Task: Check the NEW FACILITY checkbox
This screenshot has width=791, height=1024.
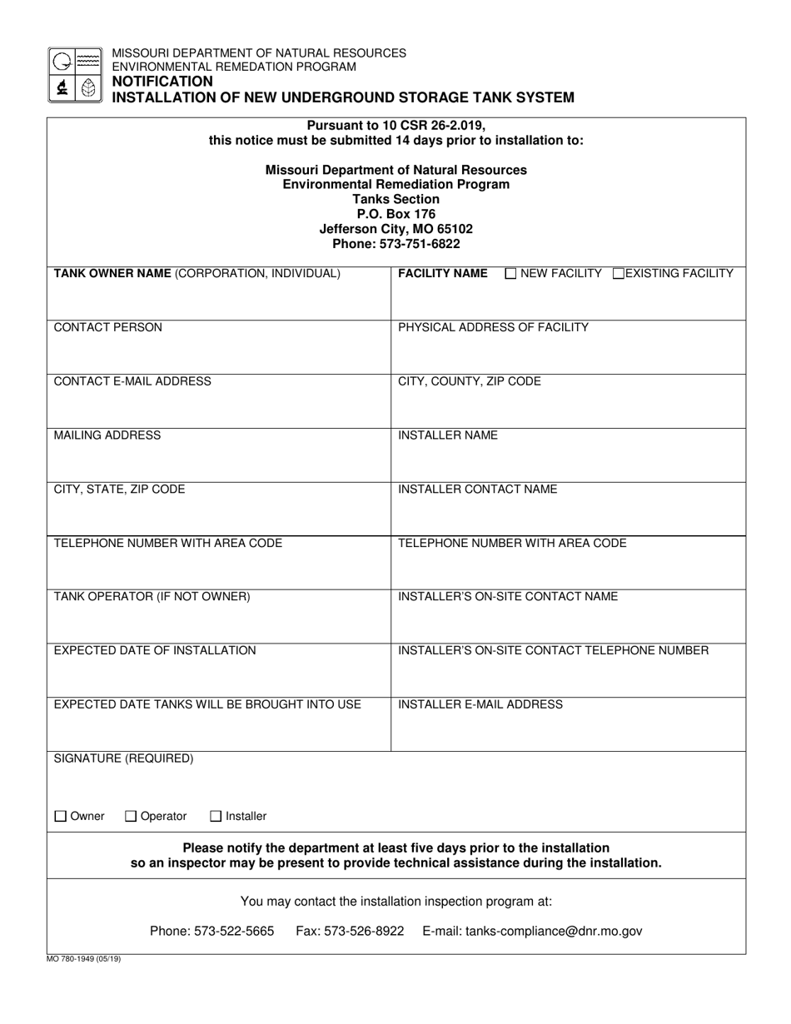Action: pyautogui.click(x=511, y=273)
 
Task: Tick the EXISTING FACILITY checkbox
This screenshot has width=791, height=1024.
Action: pyautogui.click(x=618, y=273)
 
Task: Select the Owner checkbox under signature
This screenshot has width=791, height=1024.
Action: pyautogui.click(x=60, y=817)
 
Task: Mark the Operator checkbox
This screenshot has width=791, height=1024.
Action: pyautogui.click(x=130, y=817)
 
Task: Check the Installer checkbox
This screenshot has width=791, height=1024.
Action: pyautogui.click(x=216, y=817)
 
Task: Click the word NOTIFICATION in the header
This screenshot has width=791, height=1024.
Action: pyautogui.click(x=162, y=82)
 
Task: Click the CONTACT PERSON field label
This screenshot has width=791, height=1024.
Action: pyautogui.click(x=108, y=327)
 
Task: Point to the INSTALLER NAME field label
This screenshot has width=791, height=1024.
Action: pyautogui.click(x=448, y=435)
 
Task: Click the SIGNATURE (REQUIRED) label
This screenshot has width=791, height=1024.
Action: pyautogui.click(x=123, y=758)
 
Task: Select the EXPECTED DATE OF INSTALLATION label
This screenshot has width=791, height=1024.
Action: pyautogui.click(x=155, y=650)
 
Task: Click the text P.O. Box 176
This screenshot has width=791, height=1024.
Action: pyautogui.click(x=396, y=214)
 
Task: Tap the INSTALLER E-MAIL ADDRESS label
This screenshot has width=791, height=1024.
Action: pyautogui.click(x=480, y=704)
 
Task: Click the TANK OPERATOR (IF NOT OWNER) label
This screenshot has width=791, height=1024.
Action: pyautogui.click(x=152, y=597)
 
